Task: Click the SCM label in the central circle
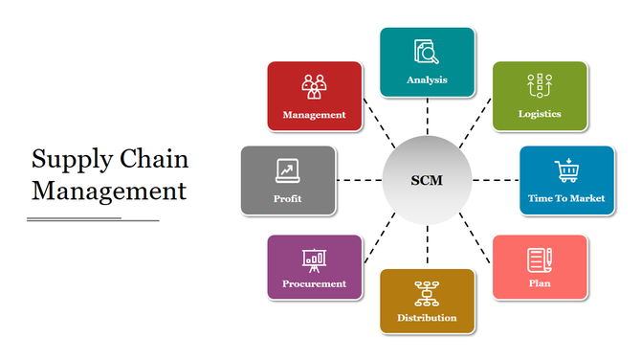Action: click(x=427, y=180)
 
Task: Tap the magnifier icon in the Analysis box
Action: click(x=426, y=52)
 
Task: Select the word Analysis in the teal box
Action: click(x=427, y=79)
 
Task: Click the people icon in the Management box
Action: click(x=314, y=86)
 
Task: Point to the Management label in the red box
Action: click(x=314, y=115)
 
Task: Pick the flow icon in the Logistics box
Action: click(x=540, y=86)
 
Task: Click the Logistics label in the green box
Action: click(x=540, y=114)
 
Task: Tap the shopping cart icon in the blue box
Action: click(x=566, y=170)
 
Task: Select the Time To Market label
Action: click(x=566, y=198)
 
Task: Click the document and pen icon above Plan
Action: click(x=540, y=259)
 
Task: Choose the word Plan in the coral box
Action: click(x=540, y=283)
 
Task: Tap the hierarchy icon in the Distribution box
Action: click(x=427, y=292)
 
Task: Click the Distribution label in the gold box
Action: click(x=427, y=318)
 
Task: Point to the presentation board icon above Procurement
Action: click(x=314, y=258)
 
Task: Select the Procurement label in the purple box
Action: click(x=314, y=283)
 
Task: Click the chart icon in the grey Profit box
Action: click(x=287, y=170)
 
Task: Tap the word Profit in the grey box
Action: click(x=287, y=199)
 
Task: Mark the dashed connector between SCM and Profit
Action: click(x=359, y=180)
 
